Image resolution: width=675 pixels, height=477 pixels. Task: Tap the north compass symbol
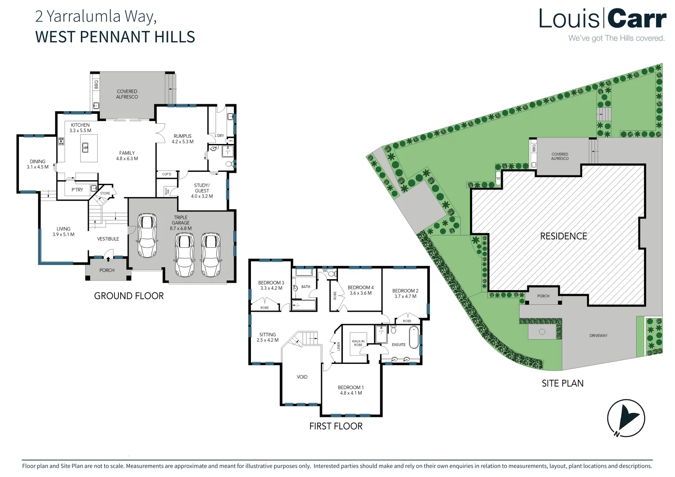pyautogui.click(x=626, y=418)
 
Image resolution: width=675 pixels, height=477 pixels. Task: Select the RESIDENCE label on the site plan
pyautogui.click(x=563, y=236)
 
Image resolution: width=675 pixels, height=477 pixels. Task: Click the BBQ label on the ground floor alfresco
pyautogui.click(x=96, y=84)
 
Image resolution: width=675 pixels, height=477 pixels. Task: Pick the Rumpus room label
pyautogui.click(x=182, y=136)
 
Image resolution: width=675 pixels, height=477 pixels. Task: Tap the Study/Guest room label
pyautogui.click(x=202, y=188)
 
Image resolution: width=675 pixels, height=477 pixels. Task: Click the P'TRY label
pyautogui.click(x=77, y=190)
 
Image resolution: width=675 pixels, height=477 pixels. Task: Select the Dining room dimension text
pyautogui.click(x=38, y=167)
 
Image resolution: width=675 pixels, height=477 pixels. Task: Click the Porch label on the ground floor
pyautogui.click(x=107, y=270)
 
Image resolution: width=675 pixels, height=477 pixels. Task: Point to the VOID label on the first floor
pyautogui.click(x=302, y=377)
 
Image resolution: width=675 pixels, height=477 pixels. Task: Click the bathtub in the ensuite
pyautogui.click(x=413, y=337)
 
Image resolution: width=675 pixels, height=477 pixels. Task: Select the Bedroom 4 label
pyautogui.click(x=360, y=288)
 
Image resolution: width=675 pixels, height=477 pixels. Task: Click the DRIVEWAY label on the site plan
pyautogui.click(x=598, y=336)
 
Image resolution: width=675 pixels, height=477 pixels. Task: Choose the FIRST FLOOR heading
pyautogui.click(x=336, y=426)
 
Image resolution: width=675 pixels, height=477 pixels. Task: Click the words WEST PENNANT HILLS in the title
pyautogui.click(x=115, y=37)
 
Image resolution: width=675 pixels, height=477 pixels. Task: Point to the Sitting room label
pyautogui.click(x=267, y=334)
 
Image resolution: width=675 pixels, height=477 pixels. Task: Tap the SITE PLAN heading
pyautogui.click(x=562, y=383)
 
